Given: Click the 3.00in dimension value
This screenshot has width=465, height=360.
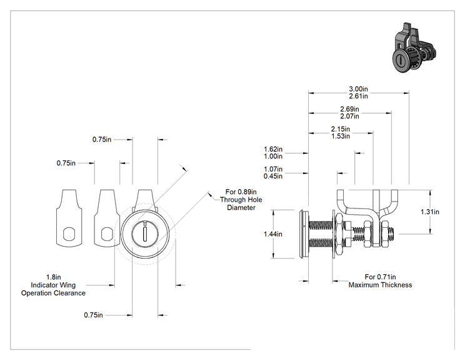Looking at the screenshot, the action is pos(358,89).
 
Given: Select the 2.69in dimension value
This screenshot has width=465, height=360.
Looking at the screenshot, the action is pos(349,109).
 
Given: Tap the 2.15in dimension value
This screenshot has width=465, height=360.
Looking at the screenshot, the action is pos(341,129).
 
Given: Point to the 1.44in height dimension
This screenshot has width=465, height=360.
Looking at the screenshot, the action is pos(273,234).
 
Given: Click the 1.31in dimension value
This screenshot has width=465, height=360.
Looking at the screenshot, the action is pos(430,212).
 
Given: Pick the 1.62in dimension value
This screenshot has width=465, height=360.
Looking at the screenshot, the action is pos(273,149).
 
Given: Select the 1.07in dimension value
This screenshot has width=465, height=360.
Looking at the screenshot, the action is pos(273,169).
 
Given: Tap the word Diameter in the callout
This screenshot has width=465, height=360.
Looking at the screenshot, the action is pos(241,208).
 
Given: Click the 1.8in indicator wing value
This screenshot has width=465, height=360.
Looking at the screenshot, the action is pos(53,277).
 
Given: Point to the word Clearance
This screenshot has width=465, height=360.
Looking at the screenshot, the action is pos(70,293).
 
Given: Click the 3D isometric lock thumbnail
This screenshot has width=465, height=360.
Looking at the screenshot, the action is pos(414,47).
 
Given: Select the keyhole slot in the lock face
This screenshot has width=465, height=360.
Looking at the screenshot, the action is pos(145,234).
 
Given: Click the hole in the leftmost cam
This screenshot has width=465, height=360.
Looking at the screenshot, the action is pos(69,234).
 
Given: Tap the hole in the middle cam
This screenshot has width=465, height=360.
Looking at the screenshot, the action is pos(107,234).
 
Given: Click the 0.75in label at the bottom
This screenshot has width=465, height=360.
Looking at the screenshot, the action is pos(93,315).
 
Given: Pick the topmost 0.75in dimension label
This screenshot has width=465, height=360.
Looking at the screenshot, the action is pos(102,140).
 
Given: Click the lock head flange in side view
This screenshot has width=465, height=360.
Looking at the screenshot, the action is pos(304,234).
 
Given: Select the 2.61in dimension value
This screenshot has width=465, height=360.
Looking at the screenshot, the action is pos(358,96).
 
